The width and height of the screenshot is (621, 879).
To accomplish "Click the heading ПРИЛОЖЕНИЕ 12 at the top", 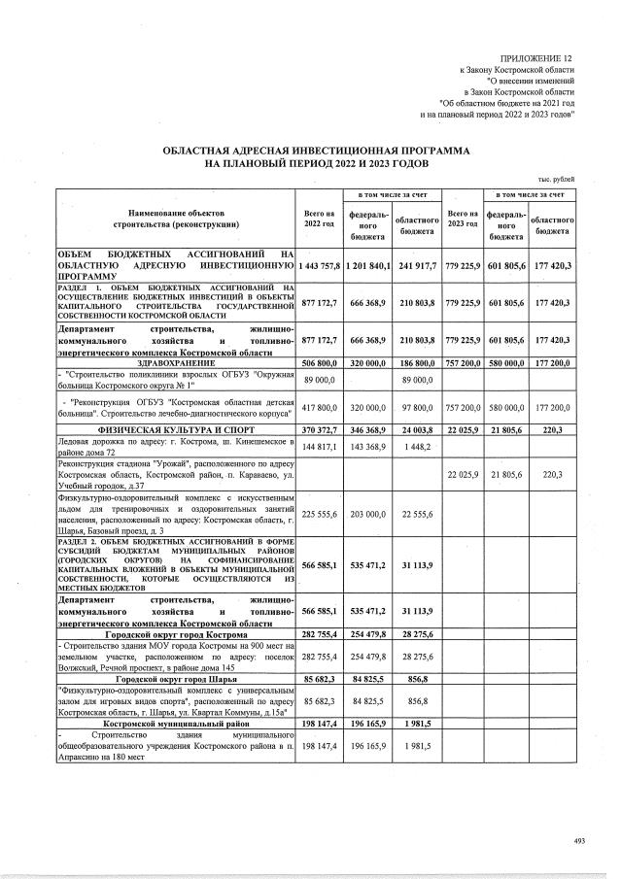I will pyautogui.click(x=536, y=59).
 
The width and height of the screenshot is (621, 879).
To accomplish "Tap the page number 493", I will pyautogui.click(x=581, y=839).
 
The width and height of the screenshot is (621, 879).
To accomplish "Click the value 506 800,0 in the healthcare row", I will pyautogui.click(x=319, y=362).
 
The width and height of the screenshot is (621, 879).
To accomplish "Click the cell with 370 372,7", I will pyautogui.click(x=319, y=428).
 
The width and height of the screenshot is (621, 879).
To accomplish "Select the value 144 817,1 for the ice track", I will pyautogui.click(x=319, y=447).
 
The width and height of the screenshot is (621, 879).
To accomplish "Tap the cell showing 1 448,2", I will pyautogui.click(x=415, y=447).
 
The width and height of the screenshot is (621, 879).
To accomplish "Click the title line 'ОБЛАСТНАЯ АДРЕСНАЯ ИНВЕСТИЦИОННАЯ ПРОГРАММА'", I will pyautogui.click(x=316, y=152).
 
